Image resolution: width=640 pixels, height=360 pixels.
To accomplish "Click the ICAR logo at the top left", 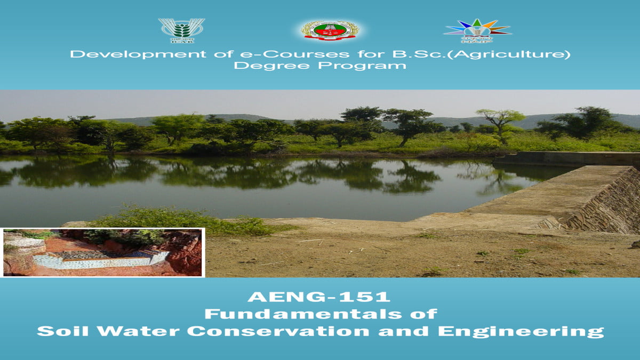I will [x=181, y=30].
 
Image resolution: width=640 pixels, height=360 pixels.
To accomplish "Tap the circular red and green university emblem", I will [x=329, y=30].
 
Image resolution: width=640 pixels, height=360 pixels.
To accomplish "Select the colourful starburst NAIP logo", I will [x=477, y=30].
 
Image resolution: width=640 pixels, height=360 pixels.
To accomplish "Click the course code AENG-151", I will [x=319, y=296].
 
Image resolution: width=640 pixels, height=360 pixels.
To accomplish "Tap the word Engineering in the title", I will [x=521, y=331].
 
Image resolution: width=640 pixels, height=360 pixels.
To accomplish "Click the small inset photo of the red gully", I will [x=102, y=252].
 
